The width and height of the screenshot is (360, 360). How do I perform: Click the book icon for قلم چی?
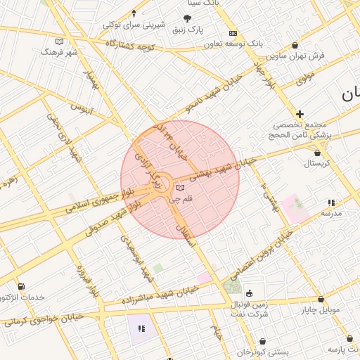pos(181,188)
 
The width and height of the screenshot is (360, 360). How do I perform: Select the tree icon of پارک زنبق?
pos(187,18)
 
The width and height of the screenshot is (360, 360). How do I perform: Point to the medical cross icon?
pos(300,114)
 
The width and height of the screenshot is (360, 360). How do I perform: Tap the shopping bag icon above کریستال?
pos(318,153)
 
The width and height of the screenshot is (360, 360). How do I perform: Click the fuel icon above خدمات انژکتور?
pos(21,286)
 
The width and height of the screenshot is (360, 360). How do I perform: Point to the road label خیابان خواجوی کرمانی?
pos(44,319)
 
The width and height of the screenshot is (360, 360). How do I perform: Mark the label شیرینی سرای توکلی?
pos(134,25)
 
